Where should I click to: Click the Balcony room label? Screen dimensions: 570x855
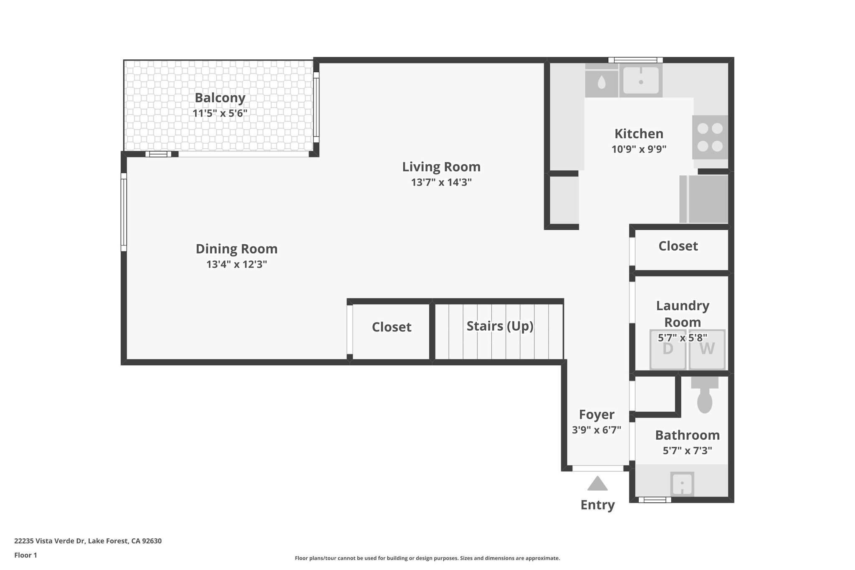click(x=220, y=98)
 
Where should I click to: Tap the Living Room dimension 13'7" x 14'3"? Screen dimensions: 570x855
click(x=441, y=182)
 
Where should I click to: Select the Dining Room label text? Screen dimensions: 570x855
click(x=236, y=249)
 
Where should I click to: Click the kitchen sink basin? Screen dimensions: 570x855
click(x=640, y=81)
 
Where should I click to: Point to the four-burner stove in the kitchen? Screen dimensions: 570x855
click(x=710, y=137)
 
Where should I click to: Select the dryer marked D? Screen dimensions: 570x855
click(x=668, y=350)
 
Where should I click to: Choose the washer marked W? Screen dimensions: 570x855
click(x=707, y=350)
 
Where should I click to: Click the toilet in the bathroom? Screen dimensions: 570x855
click(x=705, y=397)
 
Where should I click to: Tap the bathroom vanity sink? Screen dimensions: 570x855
click(x=682, y=484)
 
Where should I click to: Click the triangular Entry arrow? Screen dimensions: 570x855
click(x=597, y=484)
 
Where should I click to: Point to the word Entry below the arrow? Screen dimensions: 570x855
click(x=597, y=505)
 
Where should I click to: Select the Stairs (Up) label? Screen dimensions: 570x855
click(x=500, y=326)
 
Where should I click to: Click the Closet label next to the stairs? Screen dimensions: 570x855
click(x=392, y=327)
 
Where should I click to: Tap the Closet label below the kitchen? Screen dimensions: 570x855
click(x=678, y=246)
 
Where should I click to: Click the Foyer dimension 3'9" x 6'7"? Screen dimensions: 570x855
click(x=597, y=430)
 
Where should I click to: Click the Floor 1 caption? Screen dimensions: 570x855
click(x=25, y=555)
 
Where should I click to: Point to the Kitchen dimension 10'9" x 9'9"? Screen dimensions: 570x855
click(x=639, y=149)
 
